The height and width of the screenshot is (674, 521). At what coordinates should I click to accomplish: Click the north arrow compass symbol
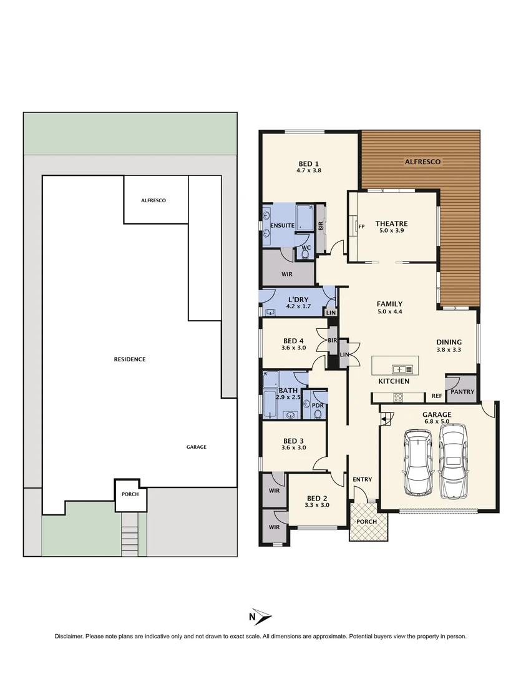click(261, 617)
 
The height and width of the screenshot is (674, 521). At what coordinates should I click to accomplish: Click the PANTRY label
click(462, 392)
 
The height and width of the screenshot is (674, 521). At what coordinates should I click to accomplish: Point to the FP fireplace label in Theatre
click(361, 227)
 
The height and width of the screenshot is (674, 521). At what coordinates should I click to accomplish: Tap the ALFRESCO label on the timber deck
click(422, 162)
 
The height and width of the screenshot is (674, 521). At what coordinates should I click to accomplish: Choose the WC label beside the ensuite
click(306, 248)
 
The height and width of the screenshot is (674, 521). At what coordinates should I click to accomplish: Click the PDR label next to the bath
click(318, 405)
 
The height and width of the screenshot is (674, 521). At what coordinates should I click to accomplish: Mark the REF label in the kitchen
click(437, 396)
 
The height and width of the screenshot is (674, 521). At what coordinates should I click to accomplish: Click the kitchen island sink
click(399, 368)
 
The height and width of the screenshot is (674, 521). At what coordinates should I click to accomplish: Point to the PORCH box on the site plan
click(130, 494)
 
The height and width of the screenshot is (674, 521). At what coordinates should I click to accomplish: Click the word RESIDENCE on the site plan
click(130, 359)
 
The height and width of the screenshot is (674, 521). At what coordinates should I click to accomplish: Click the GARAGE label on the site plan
click(196, 447)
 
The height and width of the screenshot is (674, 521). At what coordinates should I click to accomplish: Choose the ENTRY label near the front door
click(362, 479)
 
